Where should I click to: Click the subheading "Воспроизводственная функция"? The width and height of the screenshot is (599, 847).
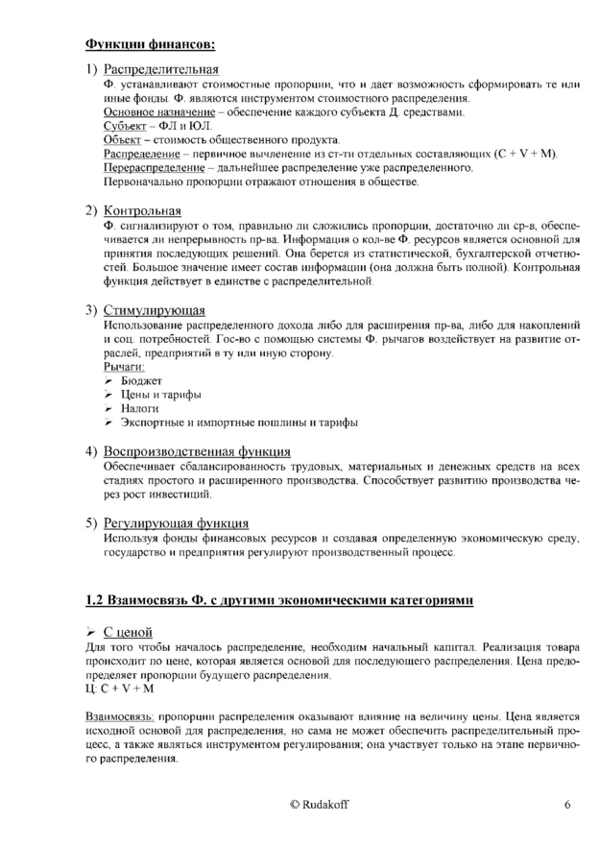[198, 451]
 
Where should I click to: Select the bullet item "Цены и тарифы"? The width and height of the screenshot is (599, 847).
[160, 395]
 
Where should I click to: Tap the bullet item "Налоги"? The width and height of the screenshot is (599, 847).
[140, 409]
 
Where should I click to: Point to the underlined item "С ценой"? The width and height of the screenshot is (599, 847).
[128, 631]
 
